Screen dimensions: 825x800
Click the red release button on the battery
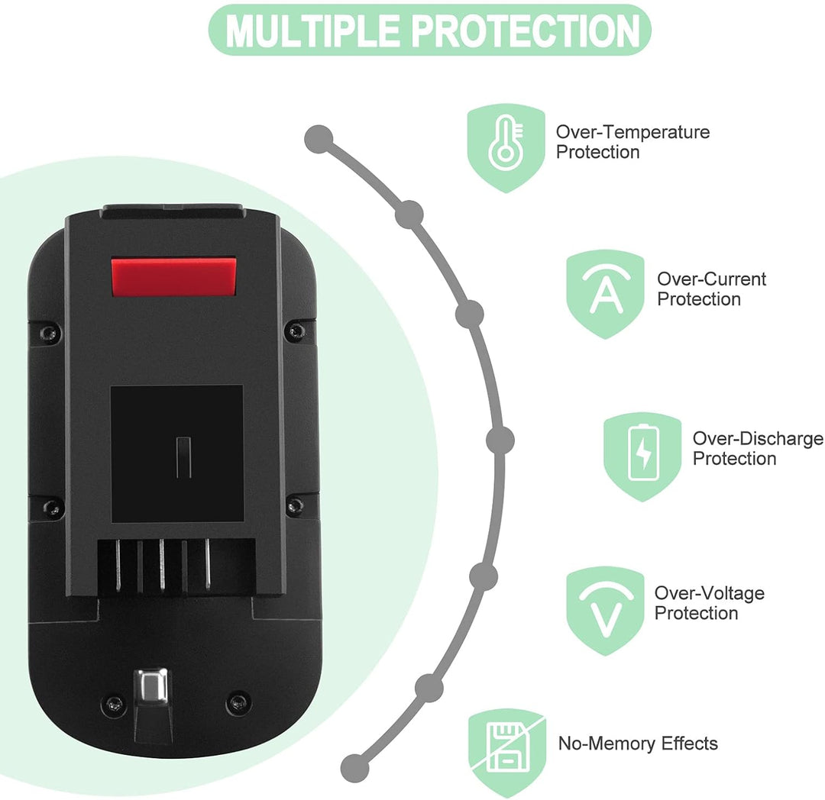(x=173, y=276)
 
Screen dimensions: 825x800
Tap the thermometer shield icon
(x=506, y=147)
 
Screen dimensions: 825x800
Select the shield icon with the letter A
(x=605, y=294)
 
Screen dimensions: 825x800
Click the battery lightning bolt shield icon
(x=642, y=456)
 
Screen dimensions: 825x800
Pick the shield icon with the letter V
(x=605, y=610)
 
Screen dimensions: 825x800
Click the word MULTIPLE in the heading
(x=312, y=31)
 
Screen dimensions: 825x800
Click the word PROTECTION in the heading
(x=526, y=31)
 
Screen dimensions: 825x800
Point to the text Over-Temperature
(x=633, y=131)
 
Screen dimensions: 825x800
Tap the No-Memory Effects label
(x=638, y=744)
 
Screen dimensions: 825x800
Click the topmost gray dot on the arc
(x=319, y=139)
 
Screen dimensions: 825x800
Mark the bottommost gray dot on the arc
(x=354, y=768)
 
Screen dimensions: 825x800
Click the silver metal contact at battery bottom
(x=151, y=686)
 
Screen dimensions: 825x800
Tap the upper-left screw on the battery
(x=50, y=332)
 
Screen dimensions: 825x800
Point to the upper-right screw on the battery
(x=294, y=331)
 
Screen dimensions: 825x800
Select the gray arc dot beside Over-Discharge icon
(x=500, y=440)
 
